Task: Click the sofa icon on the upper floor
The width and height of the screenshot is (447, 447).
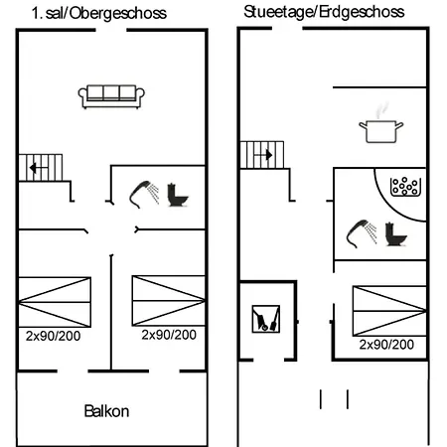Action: tap(111, 96)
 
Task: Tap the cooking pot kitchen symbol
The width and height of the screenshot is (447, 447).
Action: tap(381, 127)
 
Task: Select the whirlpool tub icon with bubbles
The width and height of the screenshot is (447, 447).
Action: tap(405, 187)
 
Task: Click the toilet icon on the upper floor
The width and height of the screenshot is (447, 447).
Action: tap(177, 195)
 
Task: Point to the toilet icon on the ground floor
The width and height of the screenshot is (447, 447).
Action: tap(395, 234)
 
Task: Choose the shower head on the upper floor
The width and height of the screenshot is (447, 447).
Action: tap(144, 195)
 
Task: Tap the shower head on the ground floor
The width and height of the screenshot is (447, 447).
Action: tap(362, 233)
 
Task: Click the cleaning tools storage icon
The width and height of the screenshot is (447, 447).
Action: tap(266, 319)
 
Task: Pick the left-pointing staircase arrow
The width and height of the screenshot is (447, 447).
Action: tap(39, 168)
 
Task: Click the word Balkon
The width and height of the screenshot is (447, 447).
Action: tap(106, 411)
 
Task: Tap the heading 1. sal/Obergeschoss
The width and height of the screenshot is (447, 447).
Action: tap(99, 13)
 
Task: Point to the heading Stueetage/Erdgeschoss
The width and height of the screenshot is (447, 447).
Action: tap(324, 12)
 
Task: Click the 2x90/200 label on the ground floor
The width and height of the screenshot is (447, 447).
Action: tap(386, 345)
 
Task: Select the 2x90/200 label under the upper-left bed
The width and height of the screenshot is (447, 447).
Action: tap(53, 336)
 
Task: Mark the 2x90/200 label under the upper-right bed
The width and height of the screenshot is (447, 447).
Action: tap(169, 335)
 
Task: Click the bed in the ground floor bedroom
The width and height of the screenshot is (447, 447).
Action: tap(389, 311)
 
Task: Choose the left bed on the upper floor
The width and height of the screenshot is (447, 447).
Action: tap(55, 302)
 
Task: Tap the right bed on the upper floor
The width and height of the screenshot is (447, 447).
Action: tap(169, 301)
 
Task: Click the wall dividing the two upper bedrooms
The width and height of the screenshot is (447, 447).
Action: tap(111, 312)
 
